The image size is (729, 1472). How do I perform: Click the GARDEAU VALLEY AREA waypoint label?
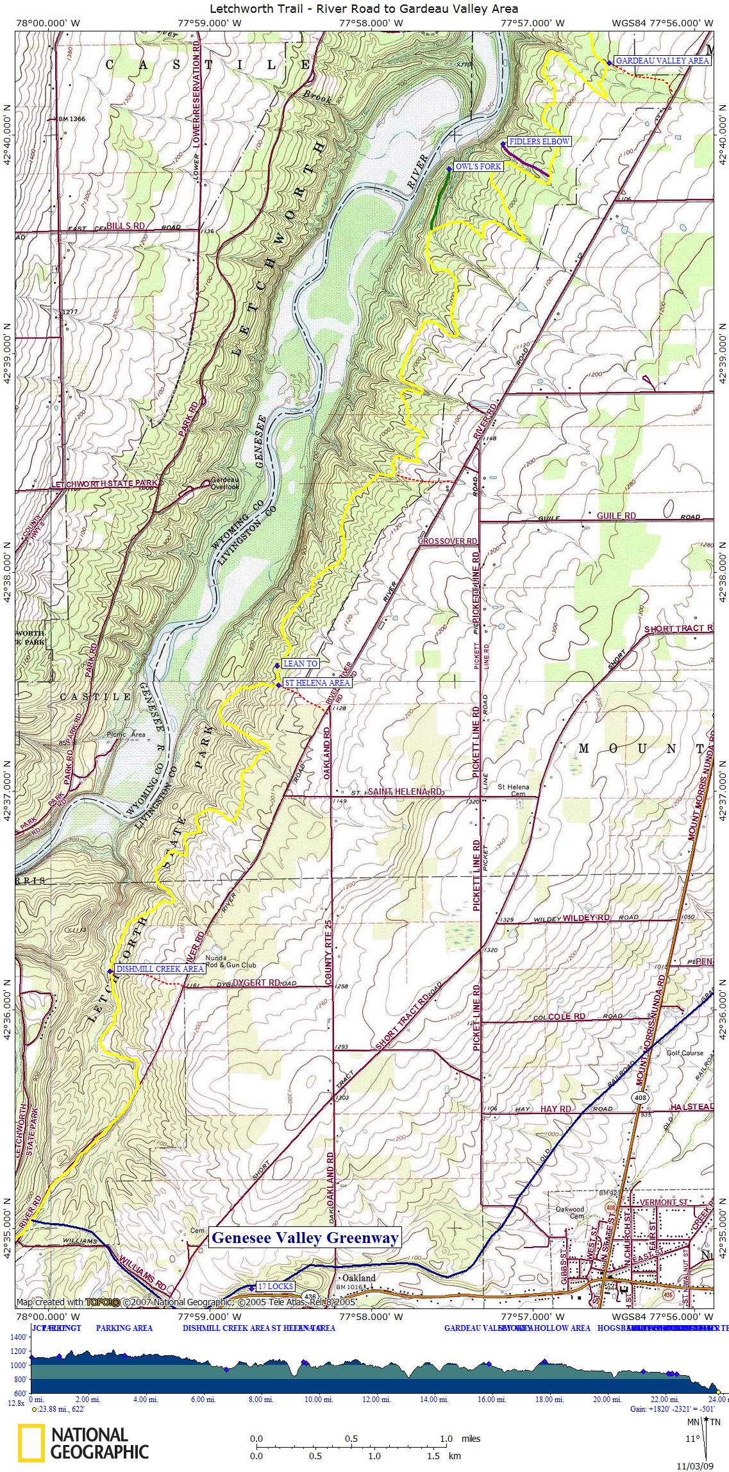coord(662,60)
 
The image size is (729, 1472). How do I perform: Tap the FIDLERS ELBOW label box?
coord(539,141)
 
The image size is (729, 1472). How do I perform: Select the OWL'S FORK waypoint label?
coord(478,167)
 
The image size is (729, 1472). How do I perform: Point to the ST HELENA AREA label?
coord(317,683)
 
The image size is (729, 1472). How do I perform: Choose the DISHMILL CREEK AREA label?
coord(160,969)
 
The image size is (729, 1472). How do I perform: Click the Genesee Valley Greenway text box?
coord(305,1238)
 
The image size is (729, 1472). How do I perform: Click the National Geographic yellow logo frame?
coord(31,1442)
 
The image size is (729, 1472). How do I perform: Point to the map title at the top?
coord(364,8)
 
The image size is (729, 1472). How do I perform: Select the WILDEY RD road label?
coord(586,918)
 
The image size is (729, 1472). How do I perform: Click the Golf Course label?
coord(685,1053)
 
